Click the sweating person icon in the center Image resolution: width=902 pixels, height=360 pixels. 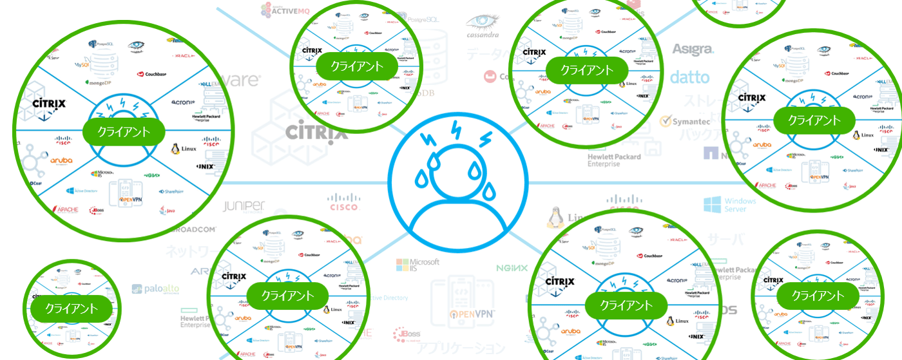tap(457, 181)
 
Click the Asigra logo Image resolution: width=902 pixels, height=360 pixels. tap(693, 50)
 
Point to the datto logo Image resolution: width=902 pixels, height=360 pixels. tap(689, 78)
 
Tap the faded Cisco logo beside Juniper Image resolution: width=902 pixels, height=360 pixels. tap(343, 203)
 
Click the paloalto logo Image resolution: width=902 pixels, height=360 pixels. tap(156, 289)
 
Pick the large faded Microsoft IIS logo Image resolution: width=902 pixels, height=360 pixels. tap(417, 265)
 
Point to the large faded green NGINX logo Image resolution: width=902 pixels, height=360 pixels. tap(512, 268)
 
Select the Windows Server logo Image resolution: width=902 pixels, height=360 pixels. tap(730, 205)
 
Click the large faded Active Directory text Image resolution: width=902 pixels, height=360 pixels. tap(390, 298)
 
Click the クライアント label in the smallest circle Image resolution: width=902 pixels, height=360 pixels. tap(72, 308)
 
